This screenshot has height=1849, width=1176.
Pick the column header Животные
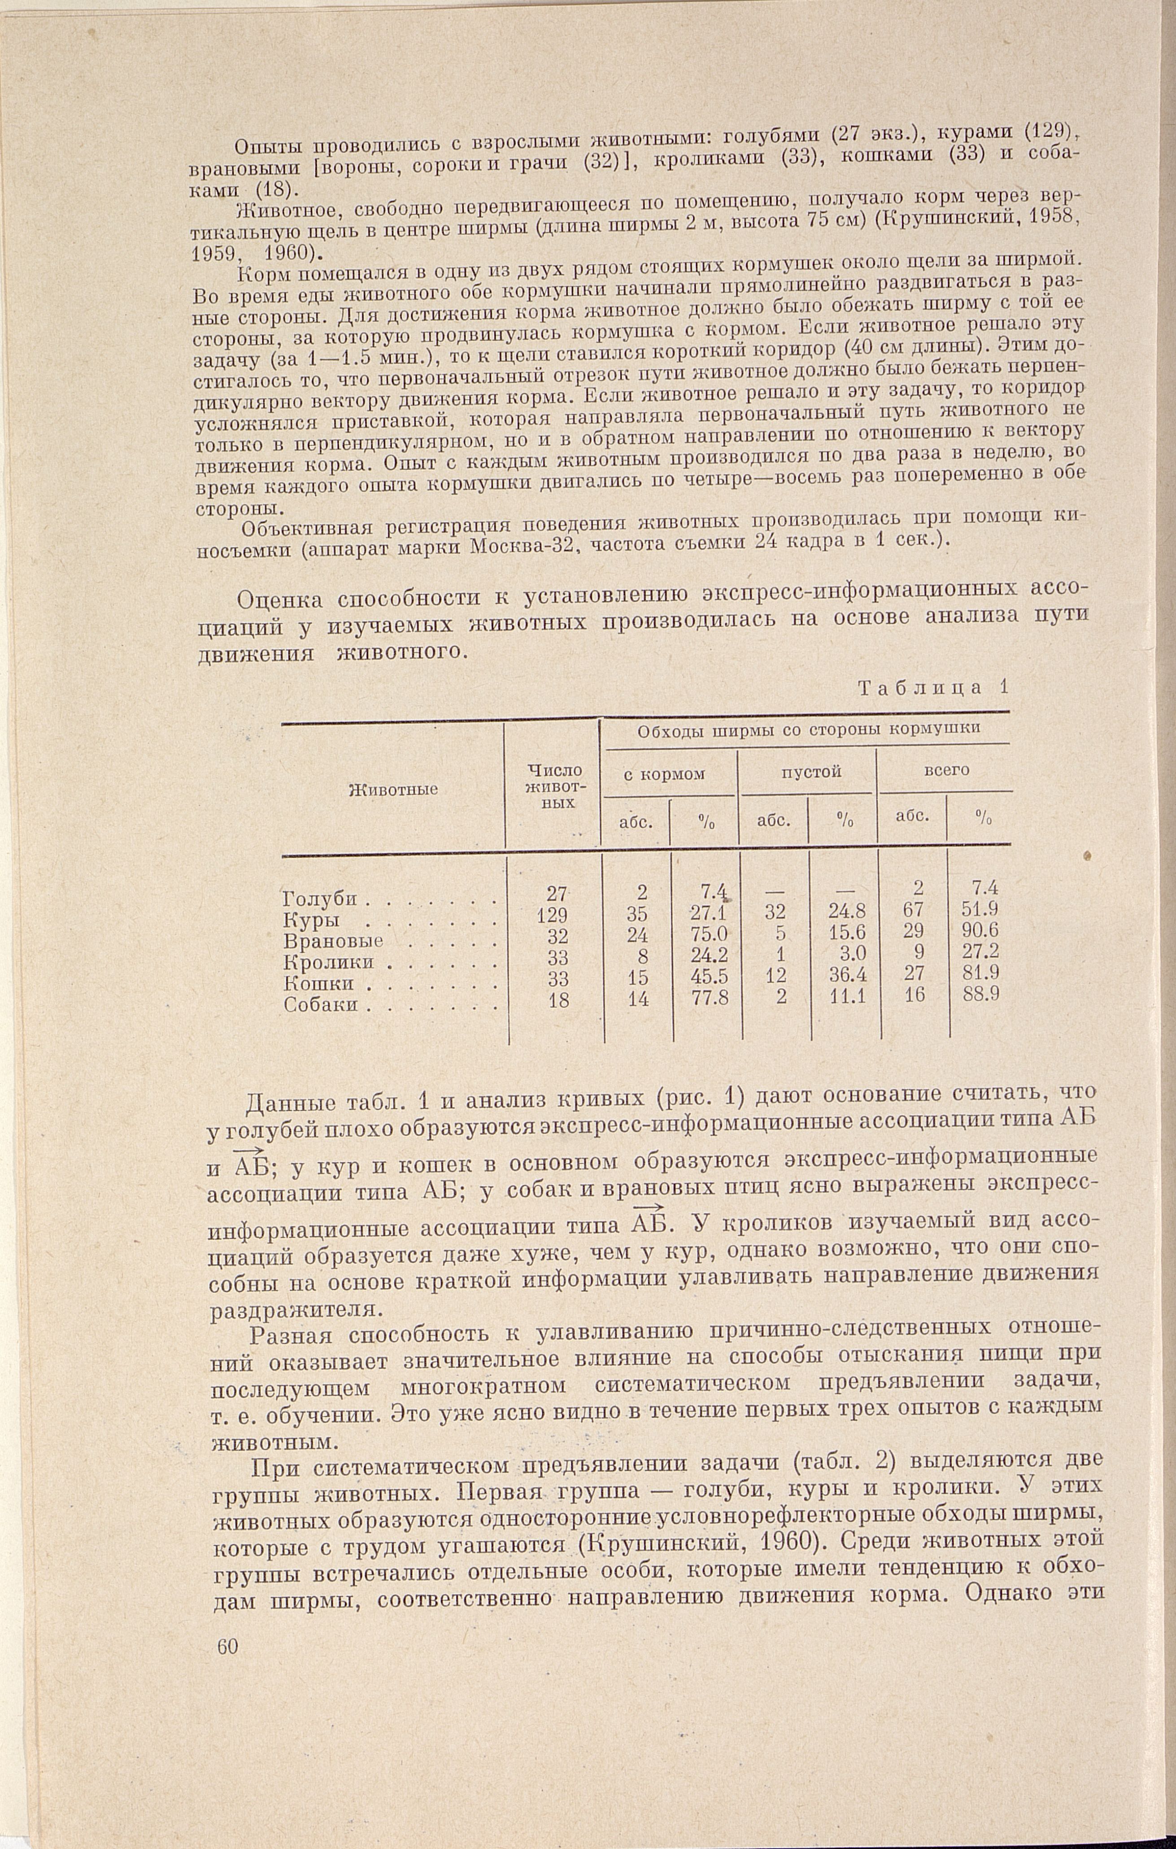[393, 789]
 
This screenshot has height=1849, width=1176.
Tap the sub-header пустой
[811, 772]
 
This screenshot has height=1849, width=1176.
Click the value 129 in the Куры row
[553, 915]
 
